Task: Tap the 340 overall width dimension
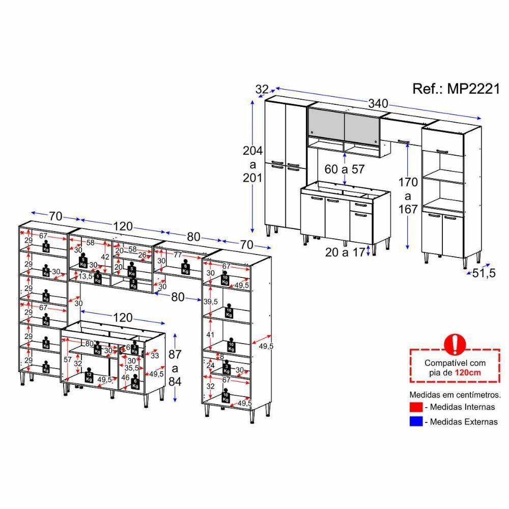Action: (378, 103)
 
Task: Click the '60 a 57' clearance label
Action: (345, 169)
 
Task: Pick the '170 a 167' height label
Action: (407, 195)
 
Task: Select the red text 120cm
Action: (469, 373)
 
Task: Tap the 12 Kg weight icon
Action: (89, 377)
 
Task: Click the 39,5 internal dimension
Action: (210, 302)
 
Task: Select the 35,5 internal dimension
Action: (132, 367)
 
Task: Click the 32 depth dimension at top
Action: (262, 89)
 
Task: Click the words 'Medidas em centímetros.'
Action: (455, 394)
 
